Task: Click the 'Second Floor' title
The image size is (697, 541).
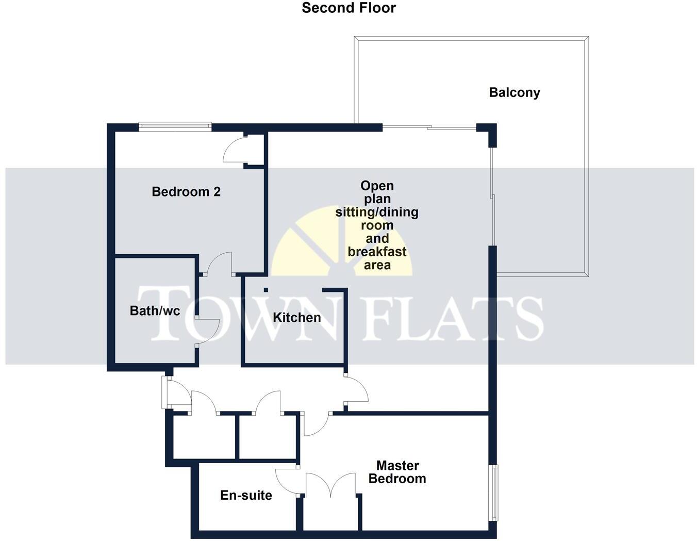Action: pos(348,8)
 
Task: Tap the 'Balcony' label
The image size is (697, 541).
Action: pos(514,93)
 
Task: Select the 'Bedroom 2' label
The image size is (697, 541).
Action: pos(186,192)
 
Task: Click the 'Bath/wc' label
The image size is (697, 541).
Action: pos(155,310)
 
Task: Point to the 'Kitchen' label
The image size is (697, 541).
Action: pos(296,318)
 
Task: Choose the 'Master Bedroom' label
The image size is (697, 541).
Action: pos(397,472)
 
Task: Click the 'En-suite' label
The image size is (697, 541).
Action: pos(246,496)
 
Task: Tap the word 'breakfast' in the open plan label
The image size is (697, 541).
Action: pos(377,252)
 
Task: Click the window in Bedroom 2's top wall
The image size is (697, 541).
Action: pos(175,126)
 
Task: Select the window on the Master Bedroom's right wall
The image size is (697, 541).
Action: pos(494,493)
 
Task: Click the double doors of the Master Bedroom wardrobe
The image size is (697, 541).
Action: pos(330,485)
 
